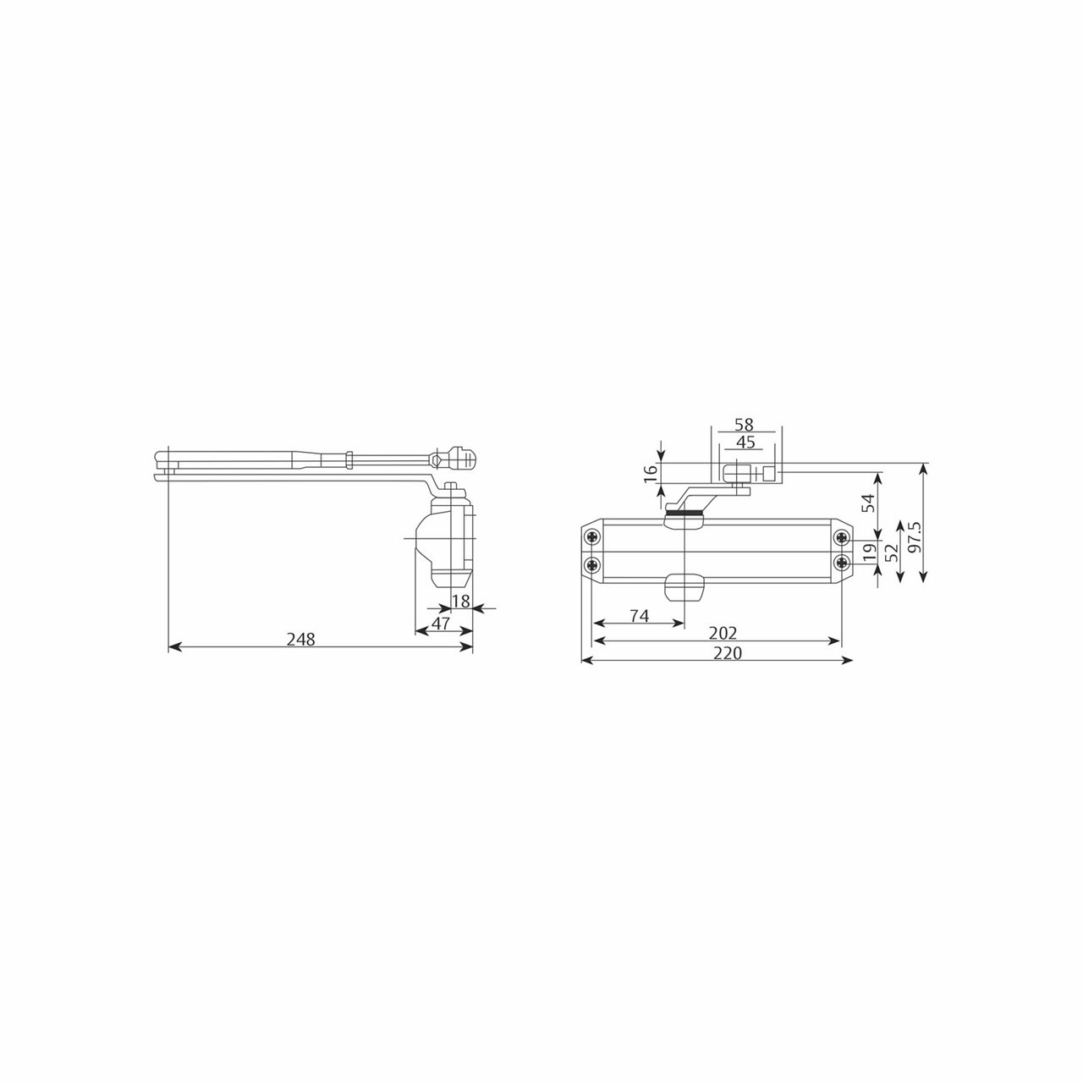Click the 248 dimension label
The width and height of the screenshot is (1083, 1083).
coord(300,640)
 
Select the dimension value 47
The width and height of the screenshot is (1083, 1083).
coord(441,624)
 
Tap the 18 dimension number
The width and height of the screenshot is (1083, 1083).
coord(460,601)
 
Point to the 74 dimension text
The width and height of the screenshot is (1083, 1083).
coord(639,617)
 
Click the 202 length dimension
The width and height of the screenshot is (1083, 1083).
coord(724,633)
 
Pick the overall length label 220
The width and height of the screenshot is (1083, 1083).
coord(728,653)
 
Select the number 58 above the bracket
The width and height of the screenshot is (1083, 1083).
coord(744,425)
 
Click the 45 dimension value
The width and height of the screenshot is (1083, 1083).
coord(745,442)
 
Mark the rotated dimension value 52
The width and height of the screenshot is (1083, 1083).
coord(889,553)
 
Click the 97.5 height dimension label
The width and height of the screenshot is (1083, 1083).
coord(913,537)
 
